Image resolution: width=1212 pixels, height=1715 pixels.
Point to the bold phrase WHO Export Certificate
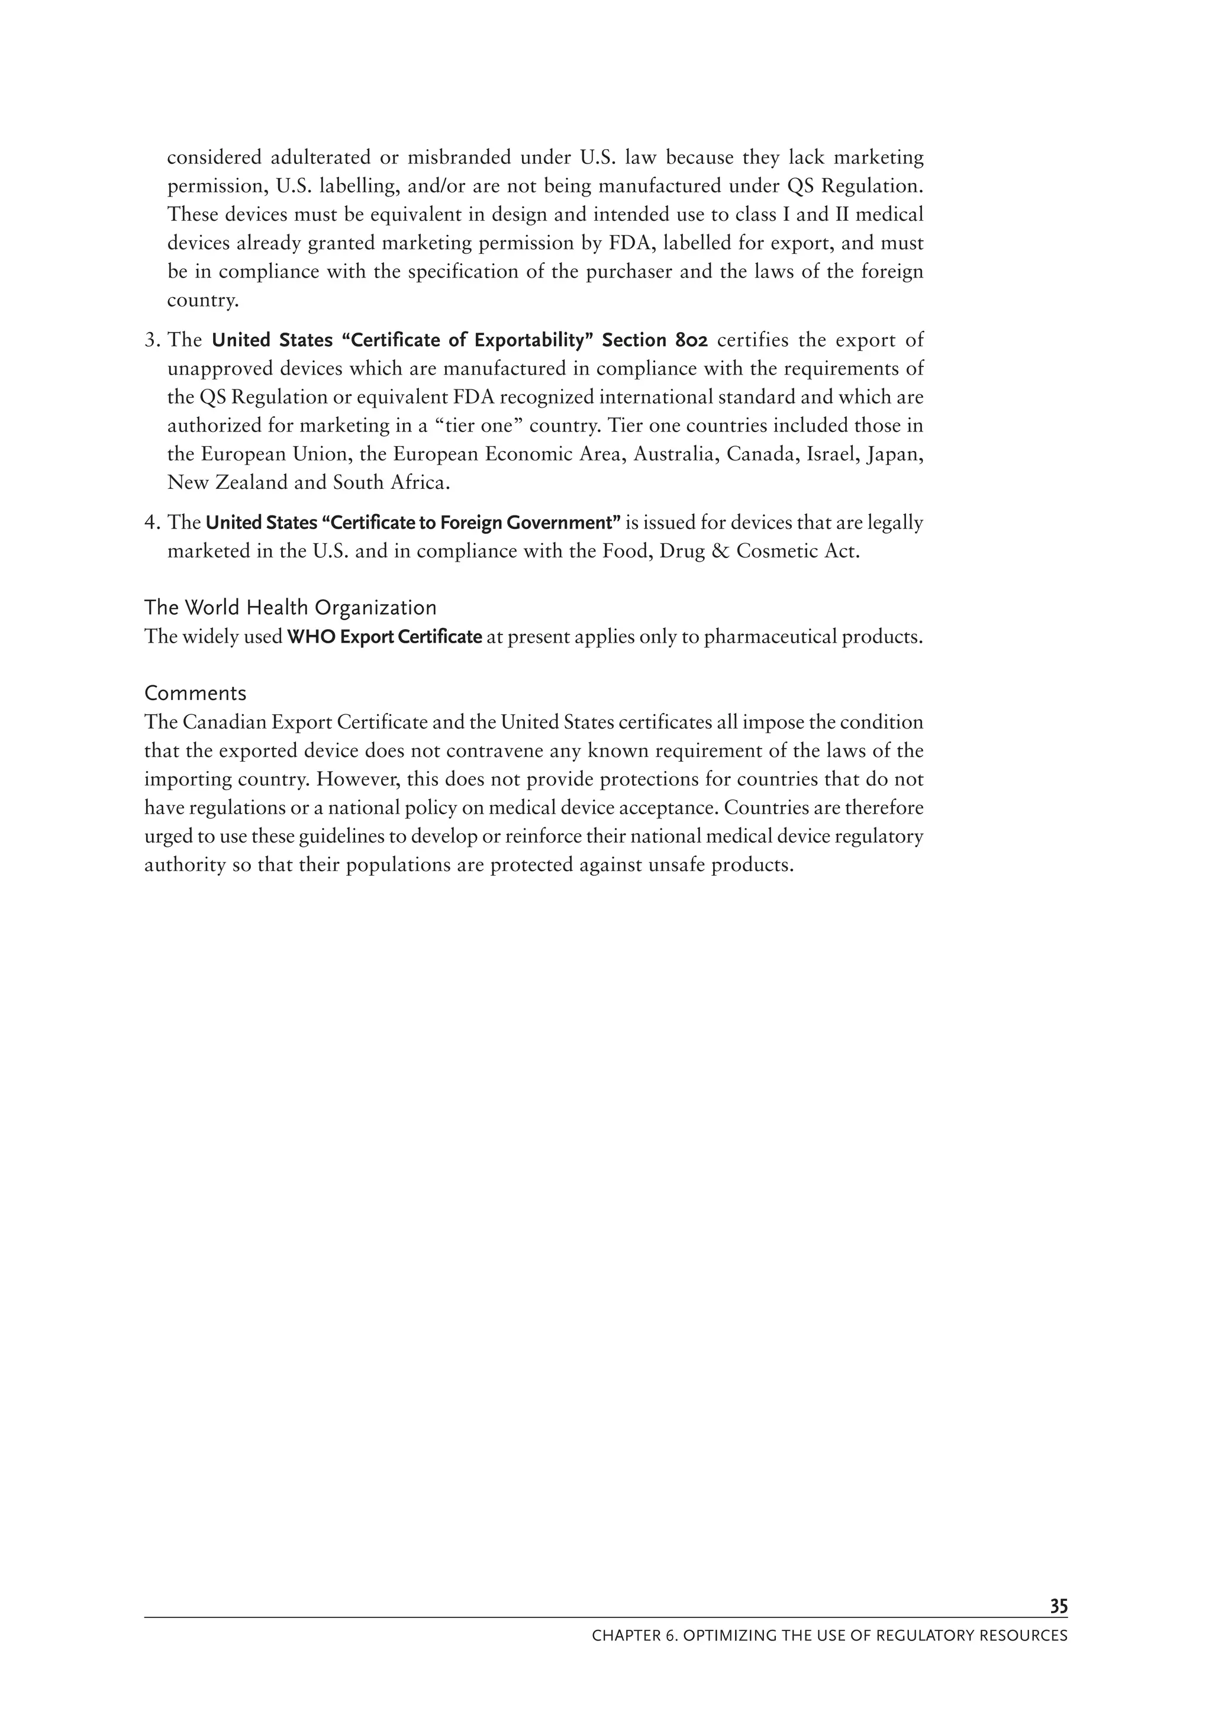(385, 637)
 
